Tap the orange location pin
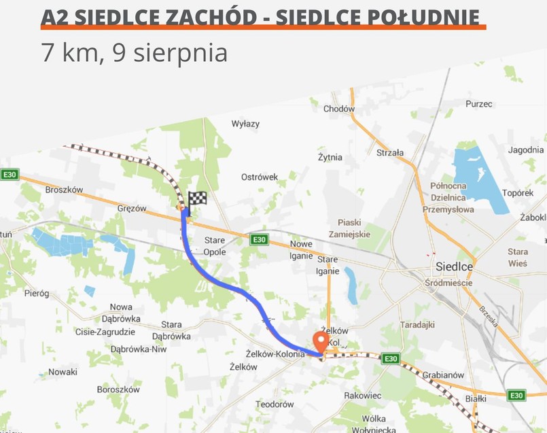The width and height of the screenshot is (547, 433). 321,341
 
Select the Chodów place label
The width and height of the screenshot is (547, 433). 339,109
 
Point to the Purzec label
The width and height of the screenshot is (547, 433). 479,104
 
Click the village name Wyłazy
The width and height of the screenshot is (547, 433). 245,124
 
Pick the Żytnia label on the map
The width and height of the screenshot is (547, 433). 330,157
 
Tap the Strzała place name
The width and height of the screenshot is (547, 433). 390,153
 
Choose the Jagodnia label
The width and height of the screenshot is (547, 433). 526,150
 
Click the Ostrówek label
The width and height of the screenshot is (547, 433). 260,177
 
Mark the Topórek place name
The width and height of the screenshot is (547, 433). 518,193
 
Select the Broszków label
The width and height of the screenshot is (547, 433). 64,190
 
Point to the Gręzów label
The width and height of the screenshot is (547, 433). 132,209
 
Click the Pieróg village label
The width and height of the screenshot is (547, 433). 37,294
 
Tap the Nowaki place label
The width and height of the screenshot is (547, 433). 63,372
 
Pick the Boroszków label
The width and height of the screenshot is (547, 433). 118,389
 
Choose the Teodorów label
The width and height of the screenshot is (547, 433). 275,404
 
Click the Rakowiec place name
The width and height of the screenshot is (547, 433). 363,395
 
